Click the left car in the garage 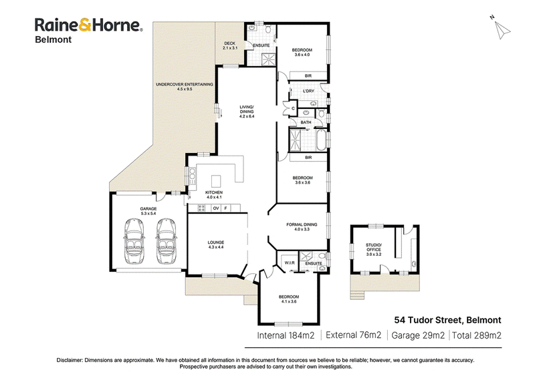click(134, 241)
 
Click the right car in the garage click(166, 241)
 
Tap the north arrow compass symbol click(501, 29)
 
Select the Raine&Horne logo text click(89, 25)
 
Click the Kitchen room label click(214, 194)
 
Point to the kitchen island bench click(215, 181)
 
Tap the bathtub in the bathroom click(321, 140)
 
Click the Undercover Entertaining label click(185, 87)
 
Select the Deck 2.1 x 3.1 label click(230, 45)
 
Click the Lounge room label click(216, 244)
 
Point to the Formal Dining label click(302, 226)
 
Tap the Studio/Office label click(374, 250)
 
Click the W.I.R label click(290, 262)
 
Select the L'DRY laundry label click(308, 91)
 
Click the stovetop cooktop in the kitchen click(202, 208)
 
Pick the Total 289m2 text click(477, 335)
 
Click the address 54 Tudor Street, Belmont click(447, 320)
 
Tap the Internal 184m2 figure click(286, 335)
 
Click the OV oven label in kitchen click(215, 208)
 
